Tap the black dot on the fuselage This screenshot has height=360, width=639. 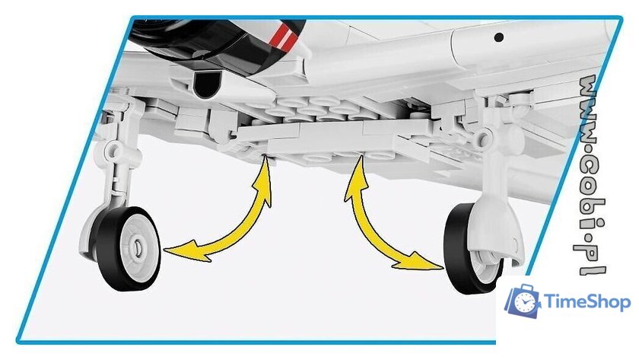pos(498,37)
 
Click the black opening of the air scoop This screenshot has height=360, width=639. pos(207,85)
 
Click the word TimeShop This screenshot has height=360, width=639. pos(587,302)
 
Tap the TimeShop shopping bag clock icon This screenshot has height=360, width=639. pos(523,301)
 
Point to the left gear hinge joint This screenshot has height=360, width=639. pos(113,149)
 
